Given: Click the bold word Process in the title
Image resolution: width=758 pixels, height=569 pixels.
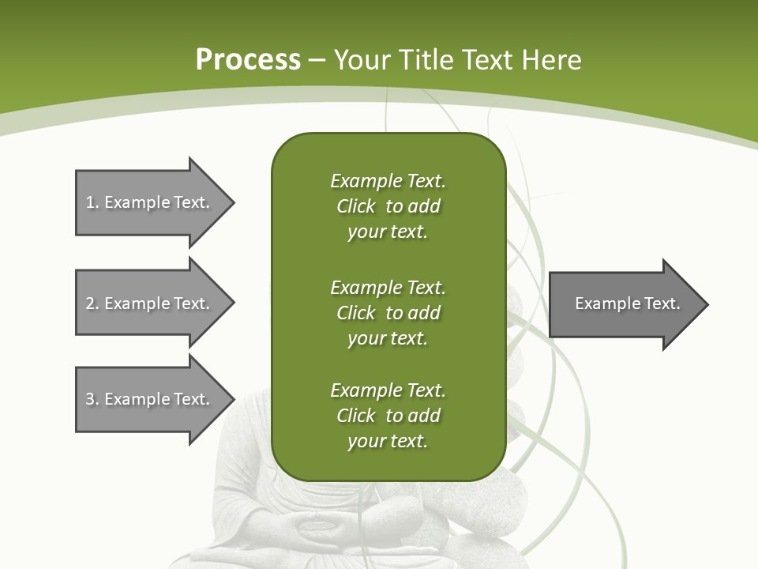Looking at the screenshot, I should tap(248, 60).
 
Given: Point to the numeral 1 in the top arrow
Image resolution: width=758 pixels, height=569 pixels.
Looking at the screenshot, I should tap(90, 202).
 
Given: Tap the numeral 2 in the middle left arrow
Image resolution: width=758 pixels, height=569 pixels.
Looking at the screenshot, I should tap(90, 303).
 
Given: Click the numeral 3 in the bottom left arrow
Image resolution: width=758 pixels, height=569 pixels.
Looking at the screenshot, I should tap(90, 399).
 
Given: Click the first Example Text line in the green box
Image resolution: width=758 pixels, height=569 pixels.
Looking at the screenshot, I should tap(388, 181).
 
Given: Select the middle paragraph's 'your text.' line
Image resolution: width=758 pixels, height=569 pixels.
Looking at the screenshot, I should tap(388, 338).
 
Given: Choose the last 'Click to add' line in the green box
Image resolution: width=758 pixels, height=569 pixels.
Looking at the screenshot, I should tap(388, 416).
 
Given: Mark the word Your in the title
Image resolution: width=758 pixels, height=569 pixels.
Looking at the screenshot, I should tap(362, 60).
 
